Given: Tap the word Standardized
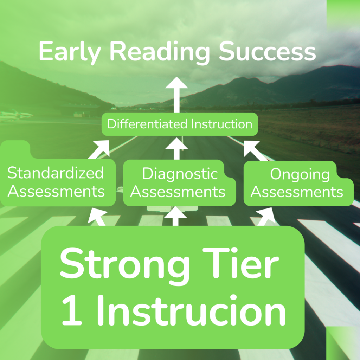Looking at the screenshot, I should pos(56,173).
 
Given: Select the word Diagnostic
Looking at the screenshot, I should pos(180,174).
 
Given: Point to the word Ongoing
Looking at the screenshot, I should pos(300,174).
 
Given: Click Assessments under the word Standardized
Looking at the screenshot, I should pos(56,192).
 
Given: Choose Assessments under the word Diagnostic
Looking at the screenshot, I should pos(178,192).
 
